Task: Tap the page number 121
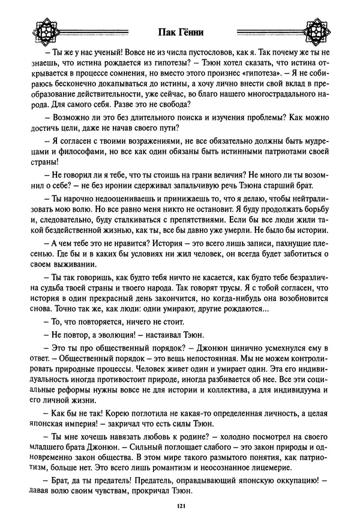pyautogui.click(x=180, y=507)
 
